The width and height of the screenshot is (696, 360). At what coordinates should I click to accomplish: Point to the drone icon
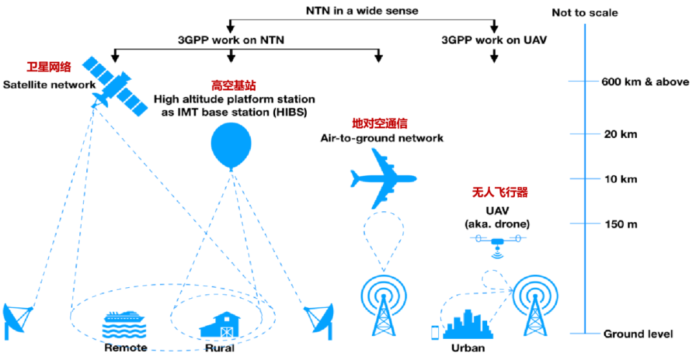coord(497,242)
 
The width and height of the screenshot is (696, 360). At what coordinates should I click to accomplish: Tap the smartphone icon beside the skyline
coord(435,332)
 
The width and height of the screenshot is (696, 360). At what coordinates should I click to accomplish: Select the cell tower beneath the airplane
coord(384,305)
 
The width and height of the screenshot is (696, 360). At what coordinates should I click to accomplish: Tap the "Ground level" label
coord(638,334)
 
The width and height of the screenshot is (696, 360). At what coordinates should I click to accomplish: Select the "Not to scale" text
coord(585,12)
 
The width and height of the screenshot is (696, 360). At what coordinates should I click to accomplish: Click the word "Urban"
coord(468,348)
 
